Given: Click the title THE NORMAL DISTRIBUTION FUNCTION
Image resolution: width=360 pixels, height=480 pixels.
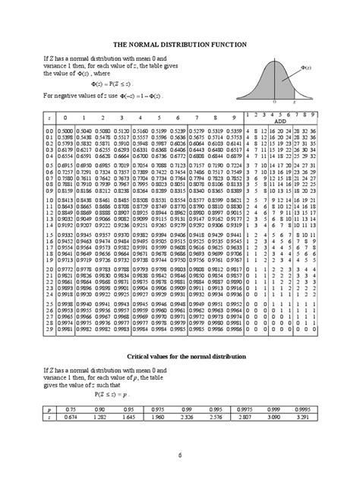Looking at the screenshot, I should [181, 45].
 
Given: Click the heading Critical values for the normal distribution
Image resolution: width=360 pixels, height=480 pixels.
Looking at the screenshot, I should [181, 356].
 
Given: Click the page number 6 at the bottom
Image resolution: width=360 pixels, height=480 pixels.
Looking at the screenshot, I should [180, 456].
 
